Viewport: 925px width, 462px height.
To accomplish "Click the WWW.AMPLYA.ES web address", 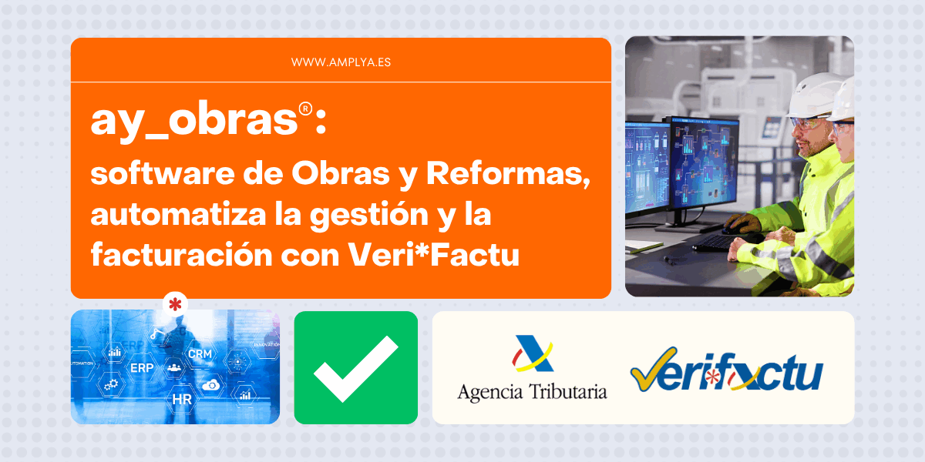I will [341, 62].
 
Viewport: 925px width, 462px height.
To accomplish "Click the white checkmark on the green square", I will [356, 368].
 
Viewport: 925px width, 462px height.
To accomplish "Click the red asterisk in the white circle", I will [176, 304].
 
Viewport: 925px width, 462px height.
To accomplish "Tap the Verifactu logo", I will [726, 371].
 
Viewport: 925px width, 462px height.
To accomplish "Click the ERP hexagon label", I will [142, 368].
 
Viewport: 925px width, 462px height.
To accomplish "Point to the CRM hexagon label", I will [200, 353].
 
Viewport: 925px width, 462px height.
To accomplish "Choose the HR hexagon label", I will [182, 399].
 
